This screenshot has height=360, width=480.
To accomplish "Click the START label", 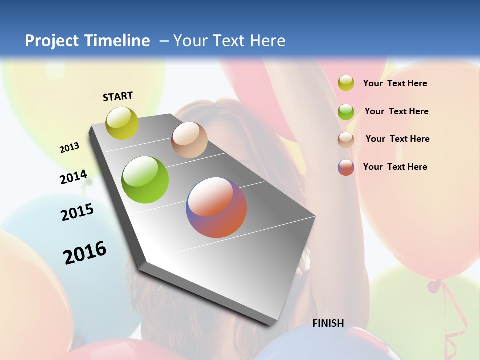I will pyautogui.click(x=118, y=96).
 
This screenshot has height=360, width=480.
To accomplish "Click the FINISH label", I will pyautogui.click(x=328, y=323).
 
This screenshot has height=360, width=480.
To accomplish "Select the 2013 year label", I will pyautogui.click(x=70, y=148).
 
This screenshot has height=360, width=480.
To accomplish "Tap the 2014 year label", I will pyautogui.click(x=74, y=177).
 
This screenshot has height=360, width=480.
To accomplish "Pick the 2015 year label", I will pyautogui.click(x=77, y=212).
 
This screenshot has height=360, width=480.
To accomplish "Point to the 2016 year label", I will pyautogui.click(x=85, y=253).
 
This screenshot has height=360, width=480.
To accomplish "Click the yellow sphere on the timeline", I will pyautogui.click(x=122, y=123).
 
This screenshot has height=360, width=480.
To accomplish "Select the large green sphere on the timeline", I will pyautogui.click(x=145, y=180).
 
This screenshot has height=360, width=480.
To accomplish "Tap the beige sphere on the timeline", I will pyautogui.click(x=189, y=140).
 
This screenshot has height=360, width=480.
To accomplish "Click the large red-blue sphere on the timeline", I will pyautogui.click(x=216, y=207).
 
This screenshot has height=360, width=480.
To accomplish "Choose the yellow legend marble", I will pyautogui.click(x=346, y=83).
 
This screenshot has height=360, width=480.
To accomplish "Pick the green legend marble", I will pyautogui.click(x=346, y=111).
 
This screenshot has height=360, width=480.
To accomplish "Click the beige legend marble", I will pyautogui.click(x=346, y=140).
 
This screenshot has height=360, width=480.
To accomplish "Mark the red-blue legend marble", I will pyautogui.click(x=346, y=167).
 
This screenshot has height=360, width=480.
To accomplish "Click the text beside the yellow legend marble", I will pyautogui.click(x=395, y=83).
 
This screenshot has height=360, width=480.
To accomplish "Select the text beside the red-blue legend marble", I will pyautogui.click(x=395, y=167).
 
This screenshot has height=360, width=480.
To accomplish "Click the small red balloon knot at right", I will pyautogui.click(x=434, y=286).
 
